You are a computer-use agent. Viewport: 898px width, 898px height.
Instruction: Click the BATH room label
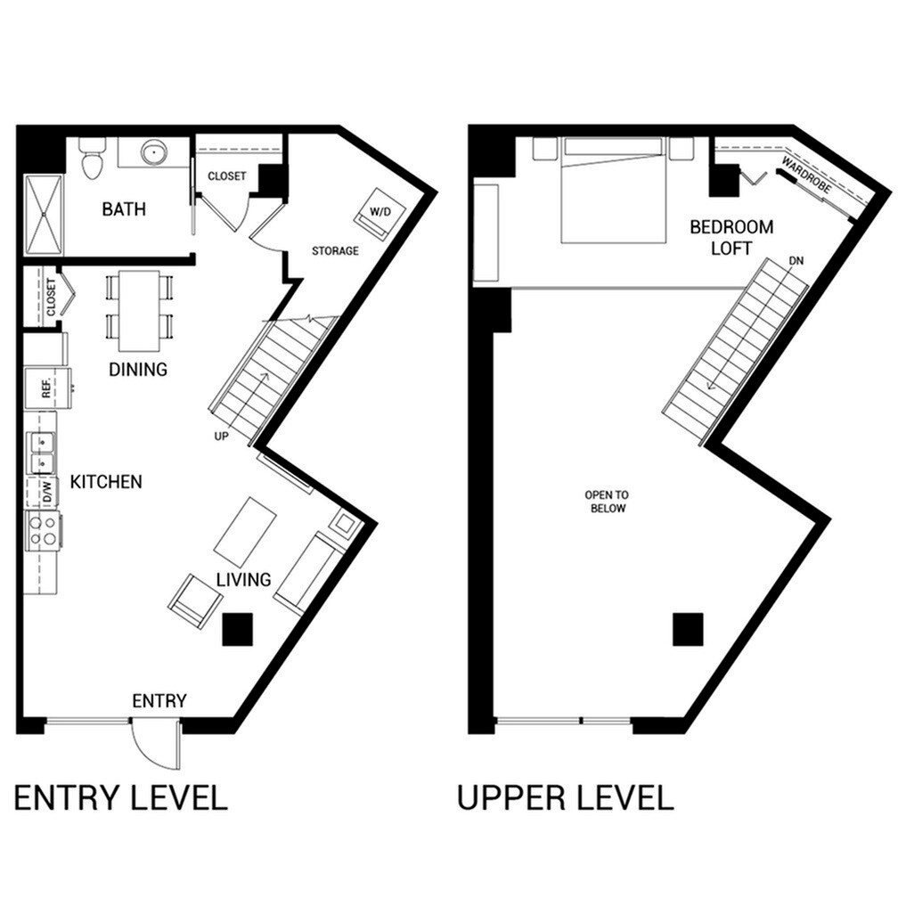click(124, 210)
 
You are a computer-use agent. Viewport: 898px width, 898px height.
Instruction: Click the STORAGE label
click(335, 251)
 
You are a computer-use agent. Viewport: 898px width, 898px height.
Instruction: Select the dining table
click(140, 310)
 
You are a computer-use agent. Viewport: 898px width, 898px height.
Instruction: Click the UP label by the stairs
click(223, 437)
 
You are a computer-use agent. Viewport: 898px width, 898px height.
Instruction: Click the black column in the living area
click(238, 630)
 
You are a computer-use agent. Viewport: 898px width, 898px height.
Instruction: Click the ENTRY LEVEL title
click(121, 797)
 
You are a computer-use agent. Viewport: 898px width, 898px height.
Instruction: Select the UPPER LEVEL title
click(565, 797)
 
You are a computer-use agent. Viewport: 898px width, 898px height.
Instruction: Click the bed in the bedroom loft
click(613, 191)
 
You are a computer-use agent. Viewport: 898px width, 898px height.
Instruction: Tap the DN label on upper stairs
click(796, 261)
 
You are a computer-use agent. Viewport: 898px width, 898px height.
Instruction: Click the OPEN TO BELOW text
click(605, 502)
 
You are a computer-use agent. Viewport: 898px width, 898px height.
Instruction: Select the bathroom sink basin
click(155, 152)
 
